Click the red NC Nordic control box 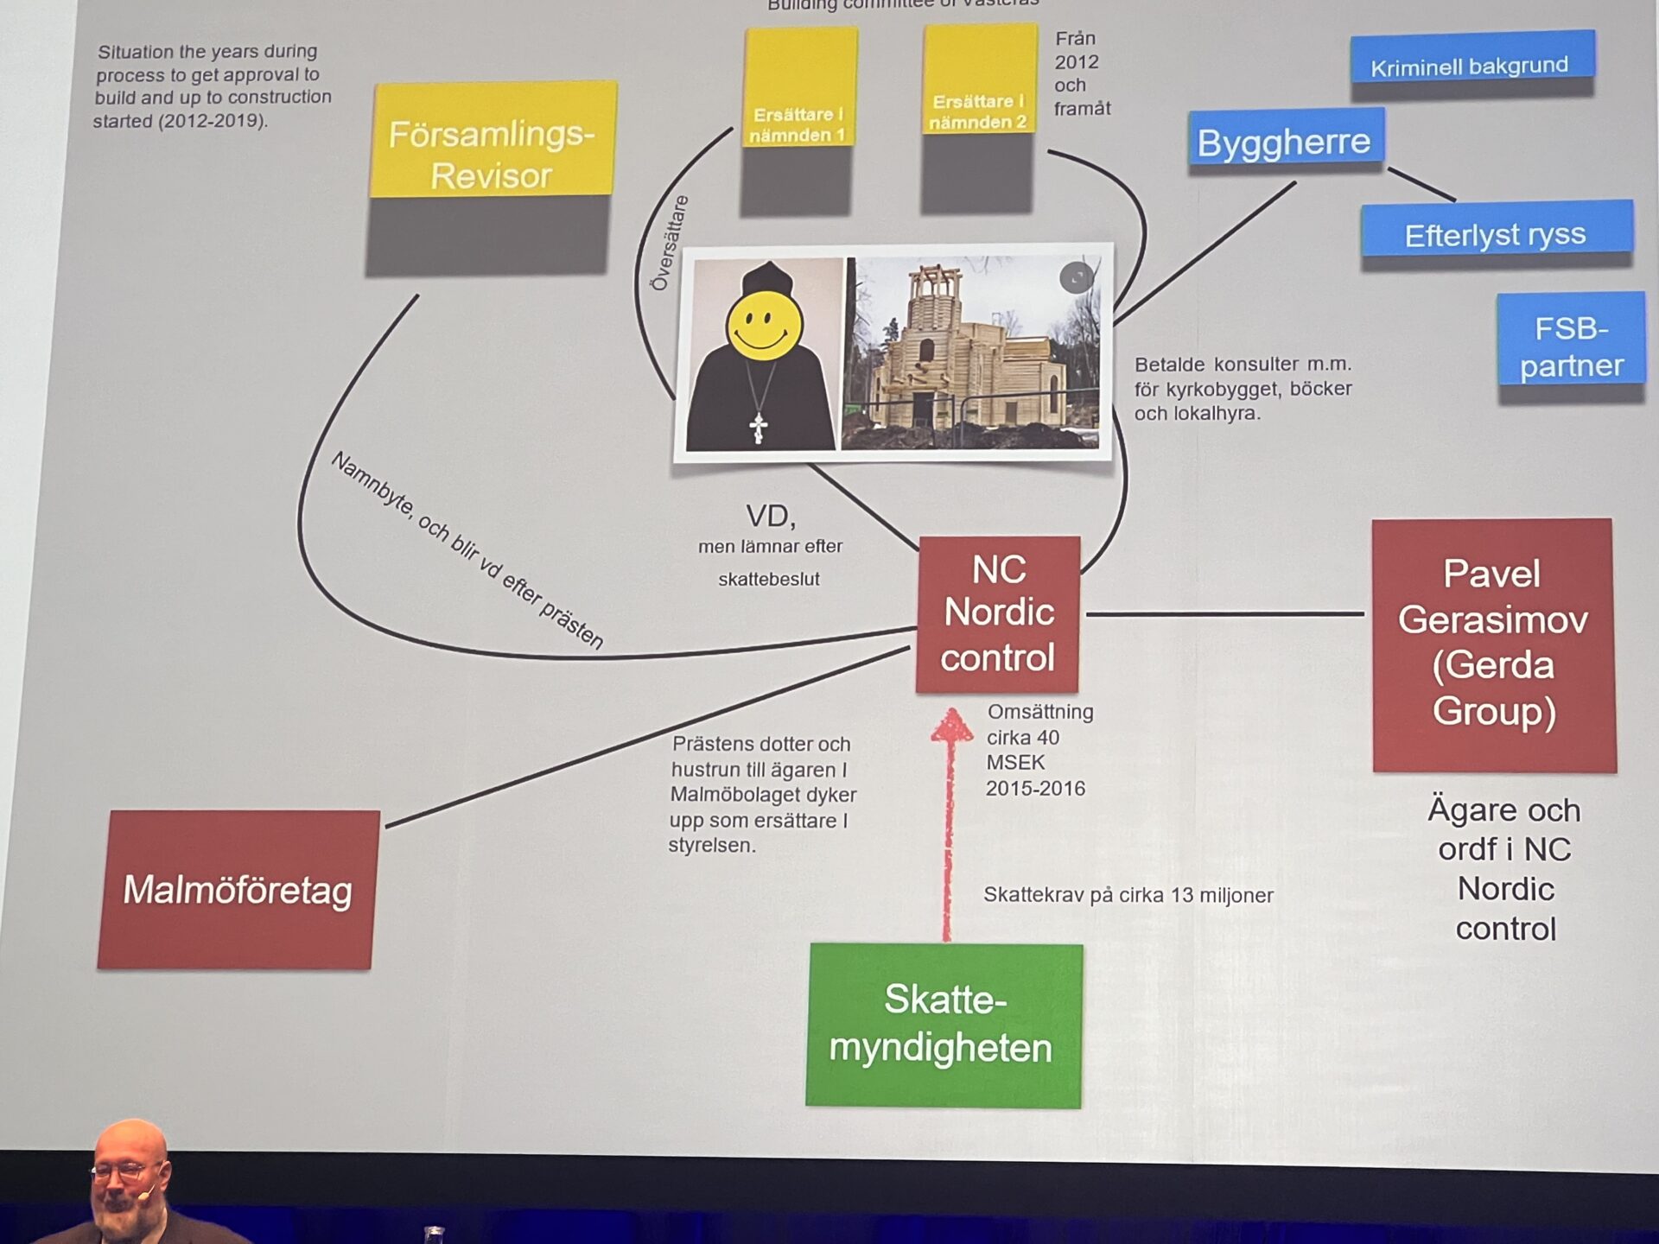pos(999,613)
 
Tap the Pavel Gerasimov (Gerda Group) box pos(1493,644)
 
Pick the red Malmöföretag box pos(238,889)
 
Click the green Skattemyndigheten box pos(944,1025)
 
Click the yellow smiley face pos(764,326)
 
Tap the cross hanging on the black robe pos(759,427)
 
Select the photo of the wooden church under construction pos(973,354)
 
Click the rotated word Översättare pos(670,243)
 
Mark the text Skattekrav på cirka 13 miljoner pos(1128,895)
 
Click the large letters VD pos(771,517)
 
